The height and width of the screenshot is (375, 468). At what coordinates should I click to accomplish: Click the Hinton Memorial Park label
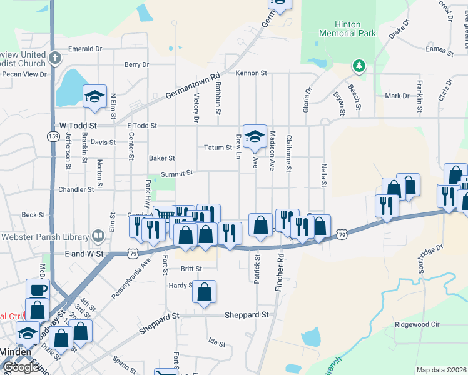coord(340,29)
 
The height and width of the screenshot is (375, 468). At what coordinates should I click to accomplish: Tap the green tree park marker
coord(359,65)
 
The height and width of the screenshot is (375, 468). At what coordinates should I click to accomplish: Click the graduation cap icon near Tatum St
coord(255,136)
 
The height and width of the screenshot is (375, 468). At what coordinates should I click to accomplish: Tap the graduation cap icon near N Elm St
coord(94,96)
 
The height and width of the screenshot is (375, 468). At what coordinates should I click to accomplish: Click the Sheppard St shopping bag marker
coord(204,292)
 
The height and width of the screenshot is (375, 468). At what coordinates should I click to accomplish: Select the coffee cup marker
coord(38,290)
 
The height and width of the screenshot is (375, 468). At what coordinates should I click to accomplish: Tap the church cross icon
coord(55,58)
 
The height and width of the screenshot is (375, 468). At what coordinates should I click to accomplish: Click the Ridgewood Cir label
coord(418,325)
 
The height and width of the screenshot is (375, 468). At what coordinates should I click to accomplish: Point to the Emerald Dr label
coord(85,49)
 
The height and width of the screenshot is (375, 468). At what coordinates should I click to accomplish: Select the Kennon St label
coord(252,73)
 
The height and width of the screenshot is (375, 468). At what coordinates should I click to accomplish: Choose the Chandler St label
coord(76,189)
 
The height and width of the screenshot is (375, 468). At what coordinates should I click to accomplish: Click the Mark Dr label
coord(397,96)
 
